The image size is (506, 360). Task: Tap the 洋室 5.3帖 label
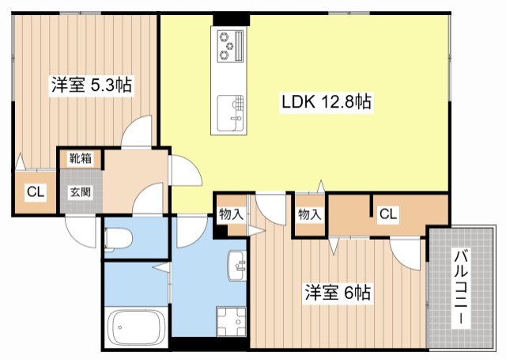click(x=91, y=84)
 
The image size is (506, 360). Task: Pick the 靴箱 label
click(x=79, y=158)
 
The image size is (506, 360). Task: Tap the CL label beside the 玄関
click(x=34, y=191)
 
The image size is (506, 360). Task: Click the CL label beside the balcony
click(x=387, y=213)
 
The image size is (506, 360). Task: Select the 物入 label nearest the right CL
click(x=309, y=214)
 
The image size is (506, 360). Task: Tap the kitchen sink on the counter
click(x=231, y=111)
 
